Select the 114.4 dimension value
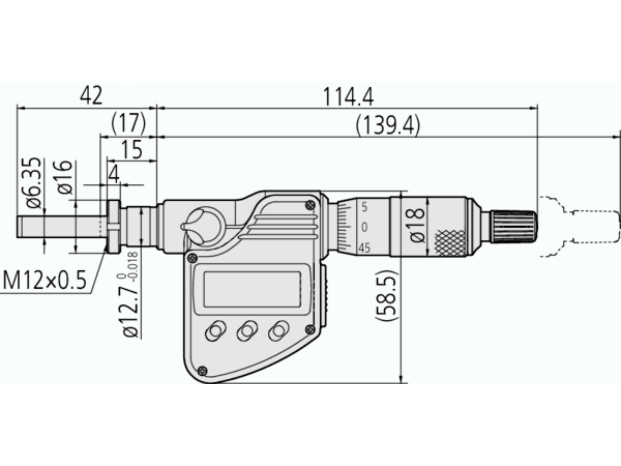[348, 97]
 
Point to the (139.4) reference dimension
[388, 125]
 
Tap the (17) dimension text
[129, 123]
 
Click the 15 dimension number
[132, 150]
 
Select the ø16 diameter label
[64, 177]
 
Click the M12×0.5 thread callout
[44, 281]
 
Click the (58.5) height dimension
[386, 295]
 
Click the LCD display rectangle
[252, 289]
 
